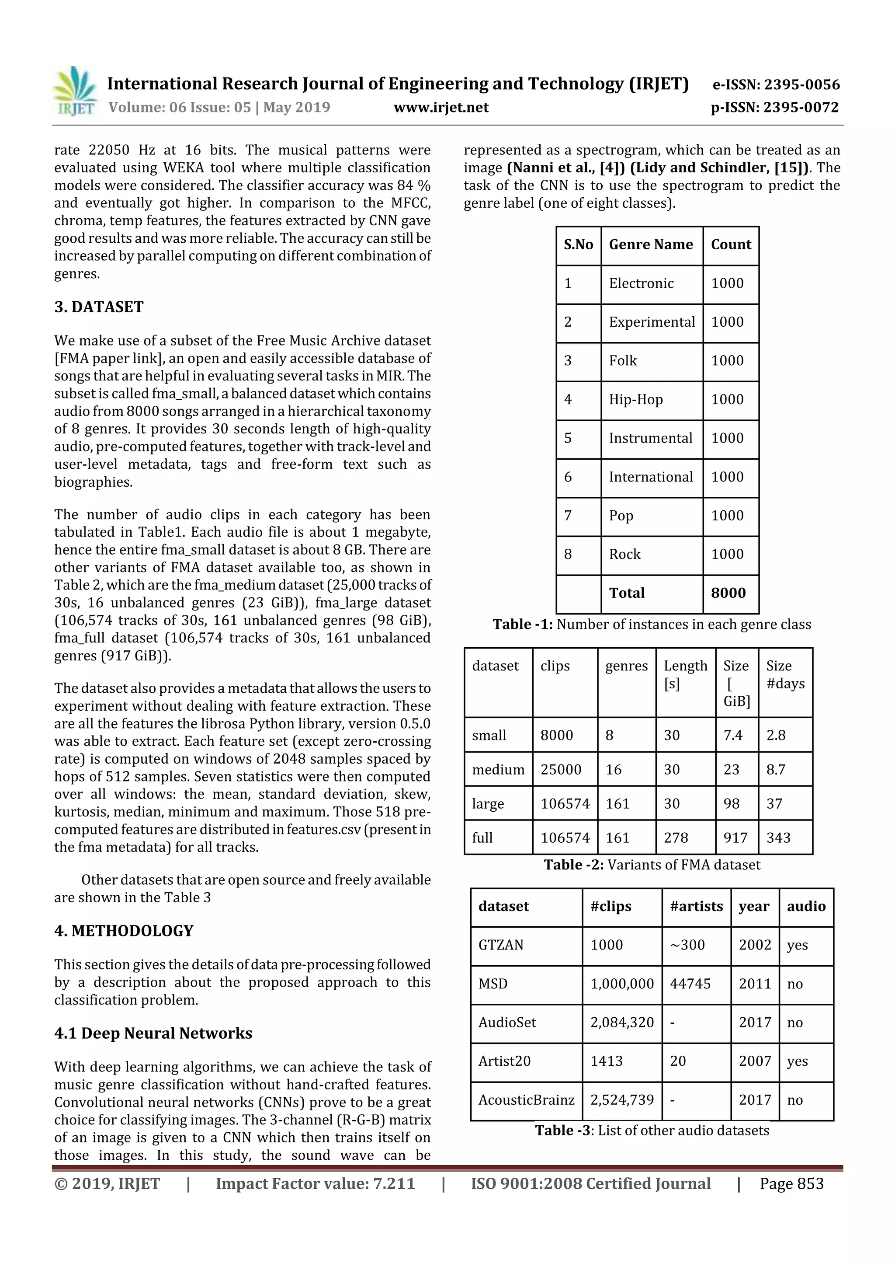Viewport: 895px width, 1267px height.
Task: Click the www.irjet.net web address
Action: (x=441, y=107)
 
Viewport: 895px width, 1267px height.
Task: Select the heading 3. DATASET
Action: (x=99, y=307)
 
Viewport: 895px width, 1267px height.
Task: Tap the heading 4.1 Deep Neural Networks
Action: (x=153, y=1033)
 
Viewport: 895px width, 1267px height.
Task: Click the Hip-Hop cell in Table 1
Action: (x=635, y=400)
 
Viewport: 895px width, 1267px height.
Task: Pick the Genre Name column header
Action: (x=651, y=244)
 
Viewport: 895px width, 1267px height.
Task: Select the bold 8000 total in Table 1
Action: (x=728, y=593)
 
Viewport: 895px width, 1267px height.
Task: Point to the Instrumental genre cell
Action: (x=650, y=438)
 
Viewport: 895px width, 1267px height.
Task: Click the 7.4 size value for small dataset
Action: (x=733, y=735)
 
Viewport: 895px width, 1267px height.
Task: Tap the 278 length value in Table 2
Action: (x=676, y=838)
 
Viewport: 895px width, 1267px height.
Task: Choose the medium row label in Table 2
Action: (x=498, y=769)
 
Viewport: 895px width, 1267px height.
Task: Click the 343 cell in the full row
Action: (x=778, y=838)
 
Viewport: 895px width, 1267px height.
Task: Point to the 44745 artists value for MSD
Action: (x=690, y=983)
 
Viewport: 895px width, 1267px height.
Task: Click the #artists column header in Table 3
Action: (x=696, y=906)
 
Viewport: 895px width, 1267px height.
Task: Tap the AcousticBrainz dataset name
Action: (x=526, y=1100)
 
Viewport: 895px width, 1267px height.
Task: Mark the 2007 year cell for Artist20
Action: (x=754, y=1061)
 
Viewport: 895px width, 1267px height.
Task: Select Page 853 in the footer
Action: (x=791, y=1183)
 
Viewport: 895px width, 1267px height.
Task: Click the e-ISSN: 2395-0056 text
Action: (x=776, y=84)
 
